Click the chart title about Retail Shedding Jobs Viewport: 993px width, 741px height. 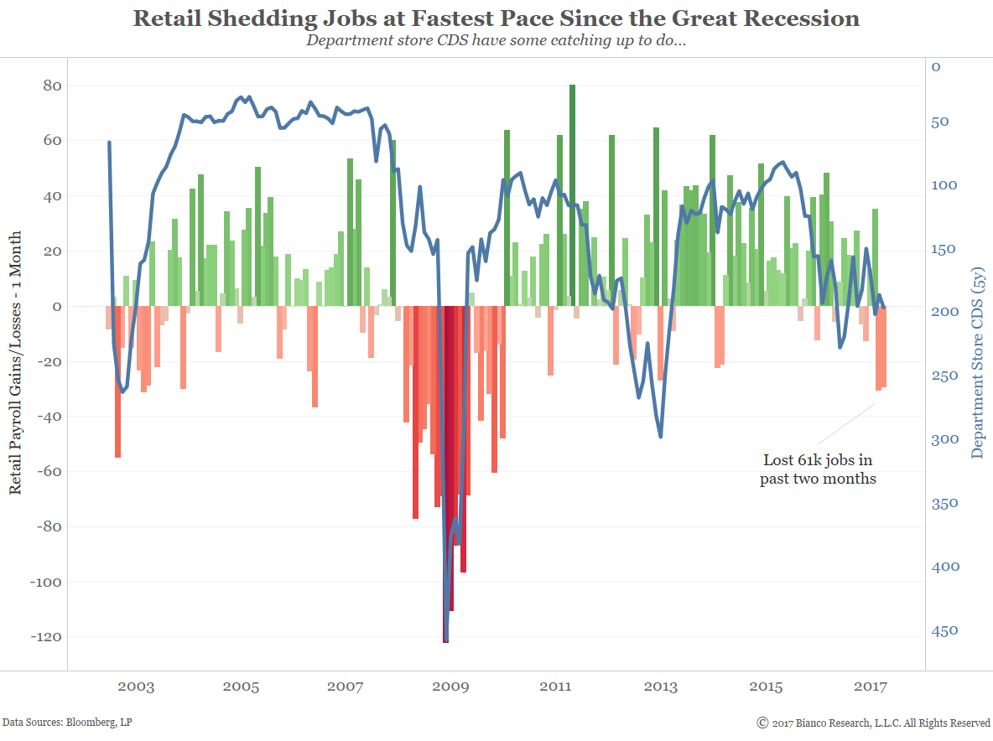tap(496, 18)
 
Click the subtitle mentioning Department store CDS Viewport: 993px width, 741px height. tap(496, 39)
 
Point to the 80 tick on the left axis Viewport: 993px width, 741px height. tap(53, 85)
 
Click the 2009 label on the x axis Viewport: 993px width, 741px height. tap(450, 687)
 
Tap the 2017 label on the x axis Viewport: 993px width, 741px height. tap(871, 687)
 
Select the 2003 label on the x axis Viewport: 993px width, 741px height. tap(136, 687)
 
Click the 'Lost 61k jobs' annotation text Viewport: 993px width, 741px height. tap(818, 469)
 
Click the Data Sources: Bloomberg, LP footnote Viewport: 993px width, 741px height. tap(67, 722)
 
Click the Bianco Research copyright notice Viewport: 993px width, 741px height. tap(873, 722)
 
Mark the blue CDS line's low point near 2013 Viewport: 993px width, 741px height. tap(661, 436)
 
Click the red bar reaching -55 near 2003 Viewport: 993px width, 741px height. tap(117, 381)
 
